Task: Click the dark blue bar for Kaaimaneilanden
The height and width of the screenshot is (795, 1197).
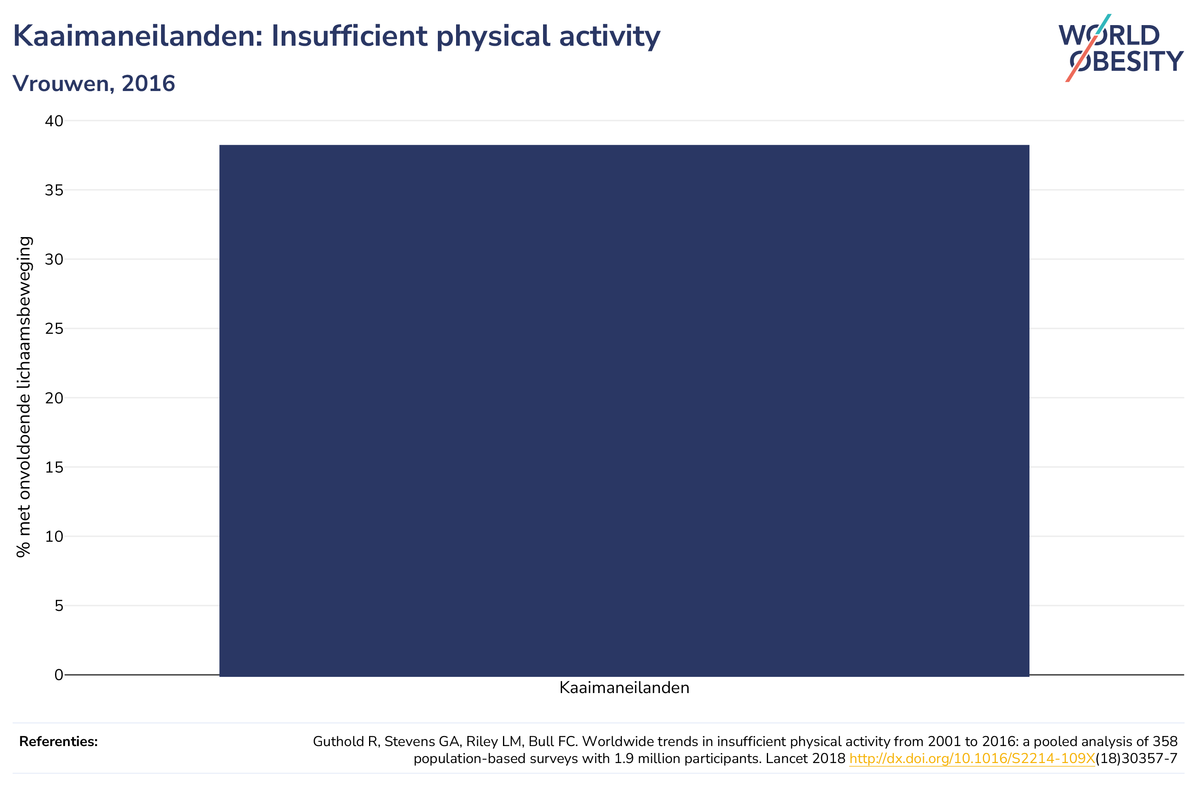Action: click(x=624, y=410)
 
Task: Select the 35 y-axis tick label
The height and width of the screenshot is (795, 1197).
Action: click(x=54, y=190)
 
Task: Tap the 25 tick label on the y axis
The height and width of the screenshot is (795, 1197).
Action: click(x=54, y=329)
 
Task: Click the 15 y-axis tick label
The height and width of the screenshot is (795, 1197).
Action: click(x=54, y=467)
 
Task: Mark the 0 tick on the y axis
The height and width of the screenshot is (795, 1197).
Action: click(x=59, y=675)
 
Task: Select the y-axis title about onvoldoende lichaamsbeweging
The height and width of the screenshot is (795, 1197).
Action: click(x=24, y=397)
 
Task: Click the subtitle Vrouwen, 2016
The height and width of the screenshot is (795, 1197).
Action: click(x=94, y=83)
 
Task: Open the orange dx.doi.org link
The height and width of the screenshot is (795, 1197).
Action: click(x=972, y=759)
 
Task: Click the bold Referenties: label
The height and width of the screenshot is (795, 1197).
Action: click(x=58, y=742)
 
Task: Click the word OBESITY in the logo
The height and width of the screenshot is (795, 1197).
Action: click(x=1127, y=61)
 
